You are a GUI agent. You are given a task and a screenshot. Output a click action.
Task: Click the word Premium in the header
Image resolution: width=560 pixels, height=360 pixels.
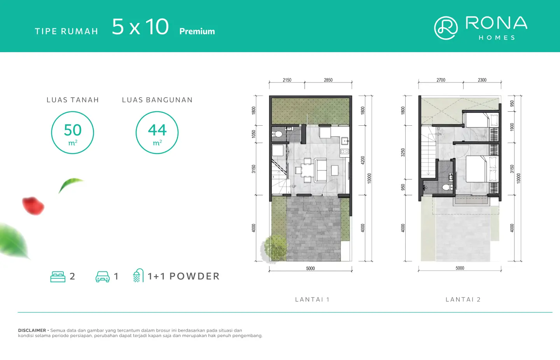coord(197,31)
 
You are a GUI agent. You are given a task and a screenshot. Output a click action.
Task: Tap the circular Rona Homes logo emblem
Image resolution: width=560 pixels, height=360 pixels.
coord(446,28)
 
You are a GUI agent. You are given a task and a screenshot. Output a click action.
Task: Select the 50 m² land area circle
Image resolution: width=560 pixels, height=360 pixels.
coord(72,133)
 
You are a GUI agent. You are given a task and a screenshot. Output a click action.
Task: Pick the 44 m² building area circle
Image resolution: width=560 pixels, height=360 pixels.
coord(157,133)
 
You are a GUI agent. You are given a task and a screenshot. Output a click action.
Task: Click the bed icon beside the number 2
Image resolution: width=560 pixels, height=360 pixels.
coord(58,277)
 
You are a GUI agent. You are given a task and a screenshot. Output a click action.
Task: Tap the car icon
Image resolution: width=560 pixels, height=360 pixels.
coord(103,277)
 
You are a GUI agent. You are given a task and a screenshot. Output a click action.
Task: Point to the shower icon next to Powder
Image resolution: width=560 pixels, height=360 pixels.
coord(138,276)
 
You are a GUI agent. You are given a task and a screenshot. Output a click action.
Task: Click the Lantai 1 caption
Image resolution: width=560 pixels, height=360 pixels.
coord(313,299)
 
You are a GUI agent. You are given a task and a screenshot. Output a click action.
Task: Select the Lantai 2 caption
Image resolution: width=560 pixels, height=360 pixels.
coord(463,299)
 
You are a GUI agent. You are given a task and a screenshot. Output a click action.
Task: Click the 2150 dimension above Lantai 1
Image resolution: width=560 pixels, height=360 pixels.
coord(287,80)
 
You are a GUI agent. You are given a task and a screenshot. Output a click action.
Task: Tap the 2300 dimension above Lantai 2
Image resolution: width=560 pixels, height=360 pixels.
coord(482,80)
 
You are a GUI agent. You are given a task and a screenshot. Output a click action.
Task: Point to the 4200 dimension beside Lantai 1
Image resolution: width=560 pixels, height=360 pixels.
coord(363,160)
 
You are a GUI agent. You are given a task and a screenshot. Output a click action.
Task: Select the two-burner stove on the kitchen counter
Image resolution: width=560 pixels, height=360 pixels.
coord(345,151)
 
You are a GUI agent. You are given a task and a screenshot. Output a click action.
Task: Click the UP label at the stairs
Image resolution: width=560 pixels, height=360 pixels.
coord(294,186)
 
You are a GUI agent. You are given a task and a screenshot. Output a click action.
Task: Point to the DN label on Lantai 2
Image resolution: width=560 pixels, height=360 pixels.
coord(439,134)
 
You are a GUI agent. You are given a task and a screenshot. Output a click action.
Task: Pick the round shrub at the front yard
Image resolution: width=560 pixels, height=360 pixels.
coord(274,248)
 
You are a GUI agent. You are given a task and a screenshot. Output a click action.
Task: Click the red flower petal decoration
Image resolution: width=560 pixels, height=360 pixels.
coord(33,206)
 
